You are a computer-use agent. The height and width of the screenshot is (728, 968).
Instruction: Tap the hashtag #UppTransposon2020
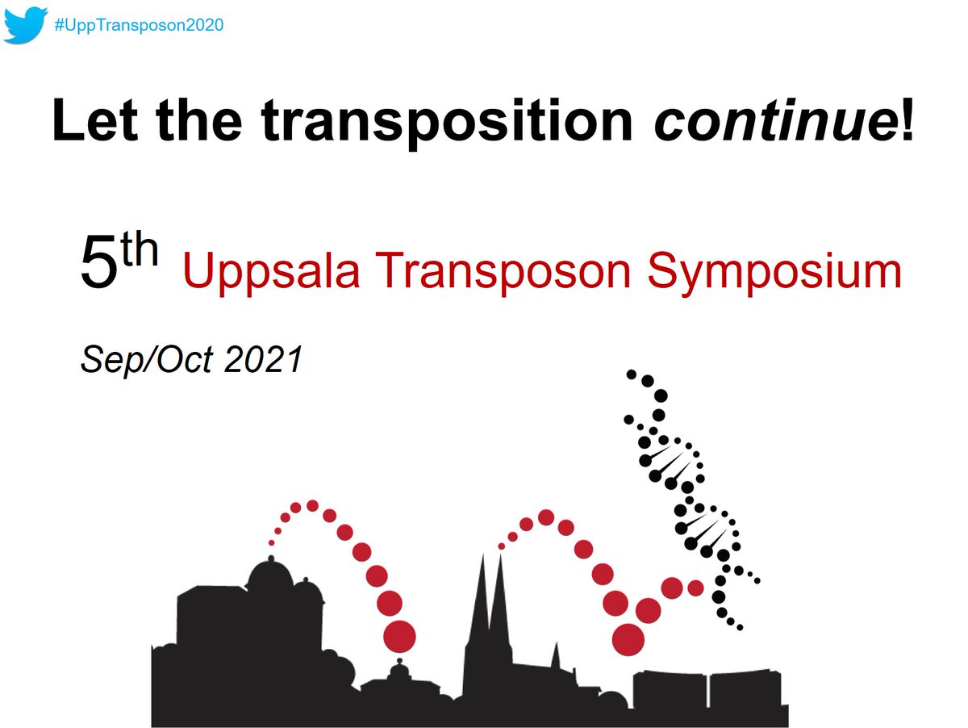(138, 25)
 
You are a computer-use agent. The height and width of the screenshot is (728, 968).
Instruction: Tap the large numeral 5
(98, 266)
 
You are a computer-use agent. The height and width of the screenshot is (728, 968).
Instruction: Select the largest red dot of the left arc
(399, 636)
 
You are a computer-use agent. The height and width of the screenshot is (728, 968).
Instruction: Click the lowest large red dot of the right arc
(628, 639)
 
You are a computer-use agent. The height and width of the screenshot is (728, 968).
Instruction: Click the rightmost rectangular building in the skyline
(746, 690)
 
